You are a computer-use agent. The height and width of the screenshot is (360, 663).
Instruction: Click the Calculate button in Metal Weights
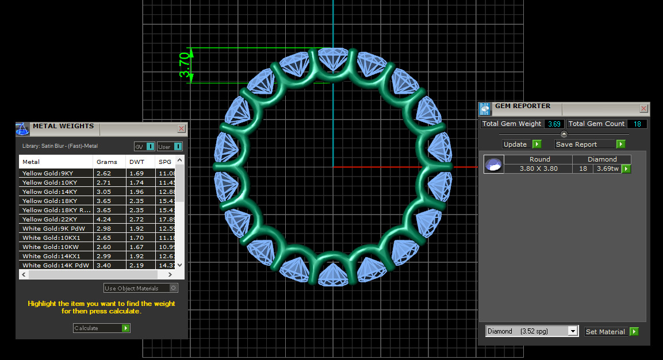(102, 328)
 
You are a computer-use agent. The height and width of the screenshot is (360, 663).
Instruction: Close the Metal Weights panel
(182, 129)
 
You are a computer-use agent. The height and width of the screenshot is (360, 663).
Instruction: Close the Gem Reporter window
(643, 108)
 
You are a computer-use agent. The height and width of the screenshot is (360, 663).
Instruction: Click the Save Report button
(589, 144)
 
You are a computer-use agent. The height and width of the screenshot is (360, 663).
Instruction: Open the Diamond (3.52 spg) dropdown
(572, 331)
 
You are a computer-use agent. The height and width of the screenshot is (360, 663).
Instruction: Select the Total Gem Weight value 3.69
(554, 124)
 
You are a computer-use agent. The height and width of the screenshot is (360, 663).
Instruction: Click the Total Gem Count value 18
(637, 124)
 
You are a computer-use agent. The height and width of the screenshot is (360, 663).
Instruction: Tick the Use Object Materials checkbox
(174, 288)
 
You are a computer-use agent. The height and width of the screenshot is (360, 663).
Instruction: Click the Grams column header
(107, 162)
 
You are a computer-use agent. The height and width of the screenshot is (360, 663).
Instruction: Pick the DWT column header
(137, 162)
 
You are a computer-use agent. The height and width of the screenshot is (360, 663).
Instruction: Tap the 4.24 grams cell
(104, 219)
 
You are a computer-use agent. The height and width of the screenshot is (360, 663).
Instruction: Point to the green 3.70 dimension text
(185, 65)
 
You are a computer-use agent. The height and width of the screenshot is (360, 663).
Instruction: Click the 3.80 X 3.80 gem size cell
(539, 168)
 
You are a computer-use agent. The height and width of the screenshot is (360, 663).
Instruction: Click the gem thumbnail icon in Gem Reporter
(493, 164)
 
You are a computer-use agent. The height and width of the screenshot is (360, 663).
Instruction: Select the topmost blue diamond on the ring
(332, 60)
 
